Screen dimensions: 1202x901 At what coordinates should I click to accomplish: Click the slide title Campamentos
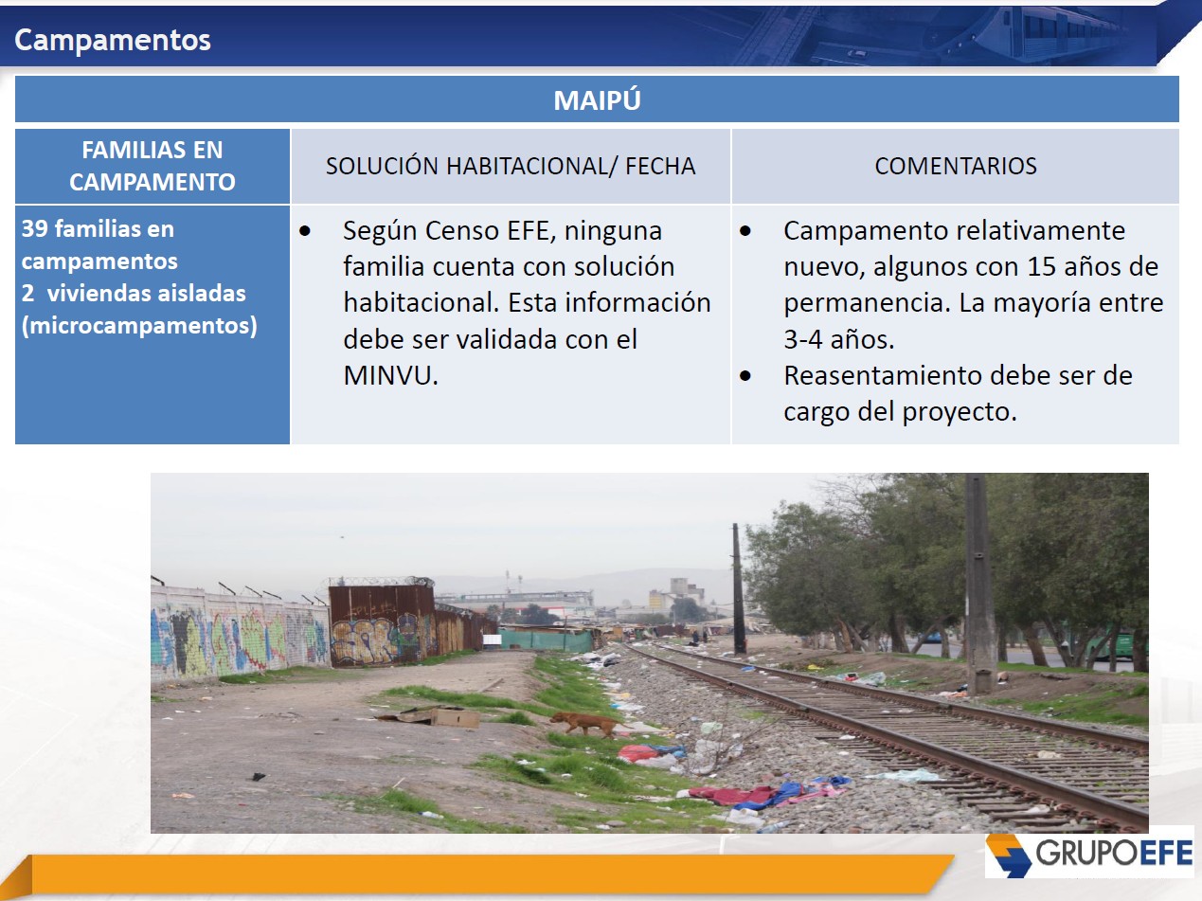click(113, 40)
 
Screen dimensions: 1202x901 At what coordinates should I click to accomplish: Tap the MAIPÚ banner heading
click(597, 99)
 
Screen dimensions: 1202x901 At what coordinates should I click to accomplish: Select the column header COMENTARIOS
click(956, 166)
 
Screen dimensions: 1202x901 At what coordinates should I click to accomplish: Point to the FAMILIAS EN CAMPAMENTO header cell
click(152, 166)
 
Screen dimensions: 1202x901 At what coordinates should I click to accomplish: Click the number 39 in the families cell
click(34, 229)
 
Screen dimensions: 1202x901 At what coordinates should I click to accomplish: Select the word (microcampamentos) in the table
click(139, 326)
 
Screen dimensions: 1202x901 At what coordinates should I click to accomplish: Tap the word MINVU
click(391, 376)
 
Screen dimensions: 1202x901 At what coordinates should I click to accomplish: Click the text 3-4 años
click(839, 339)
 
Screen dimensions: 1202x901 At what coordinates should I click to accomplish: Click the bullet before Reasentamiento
click(745, 376)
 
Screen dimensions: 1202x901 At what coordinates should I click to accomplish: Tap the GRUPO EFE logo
click(1088, 854)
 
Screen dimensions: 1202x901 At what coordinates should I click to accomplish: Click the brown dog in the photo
click(586, 724)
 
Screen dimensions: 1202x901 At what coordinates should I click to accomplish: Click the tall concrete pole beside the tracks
click(978, 584)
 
